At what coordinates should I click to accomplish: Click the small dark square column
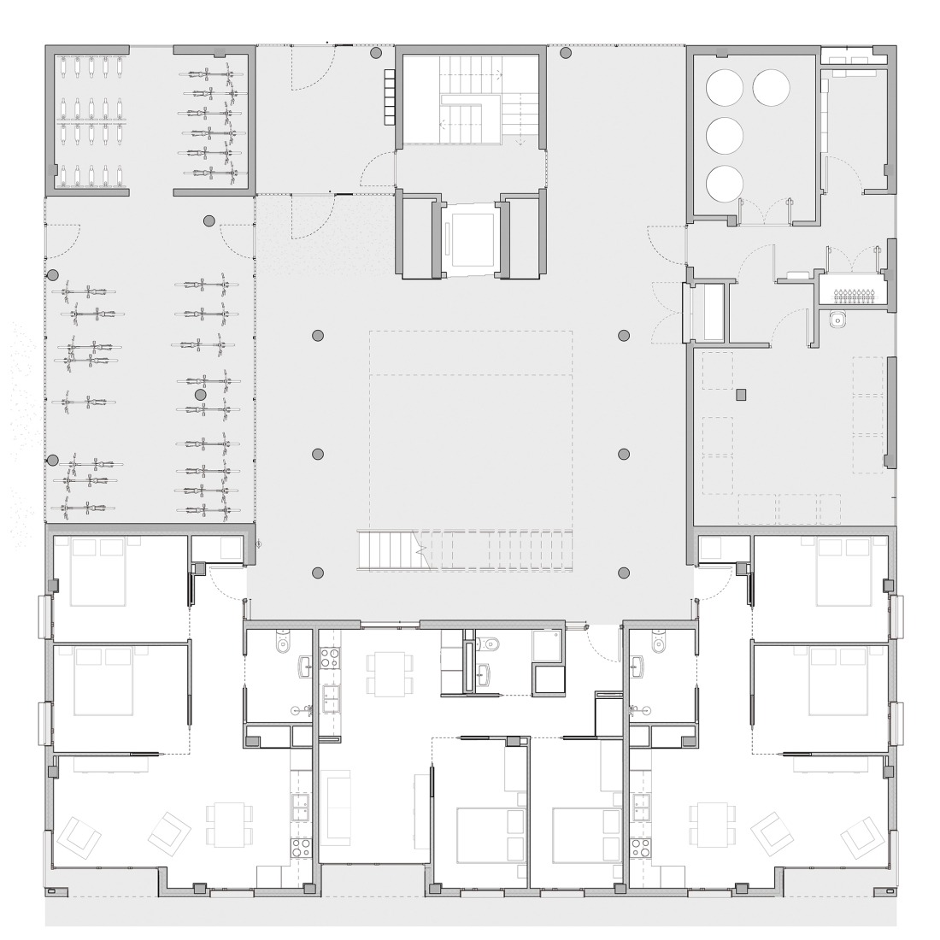(x=741, y=394)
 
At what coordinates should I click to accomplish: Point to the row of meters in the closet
(x=851, y=295)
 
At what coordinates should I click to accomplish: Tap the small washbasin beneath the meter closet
(x=838, y=320)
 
